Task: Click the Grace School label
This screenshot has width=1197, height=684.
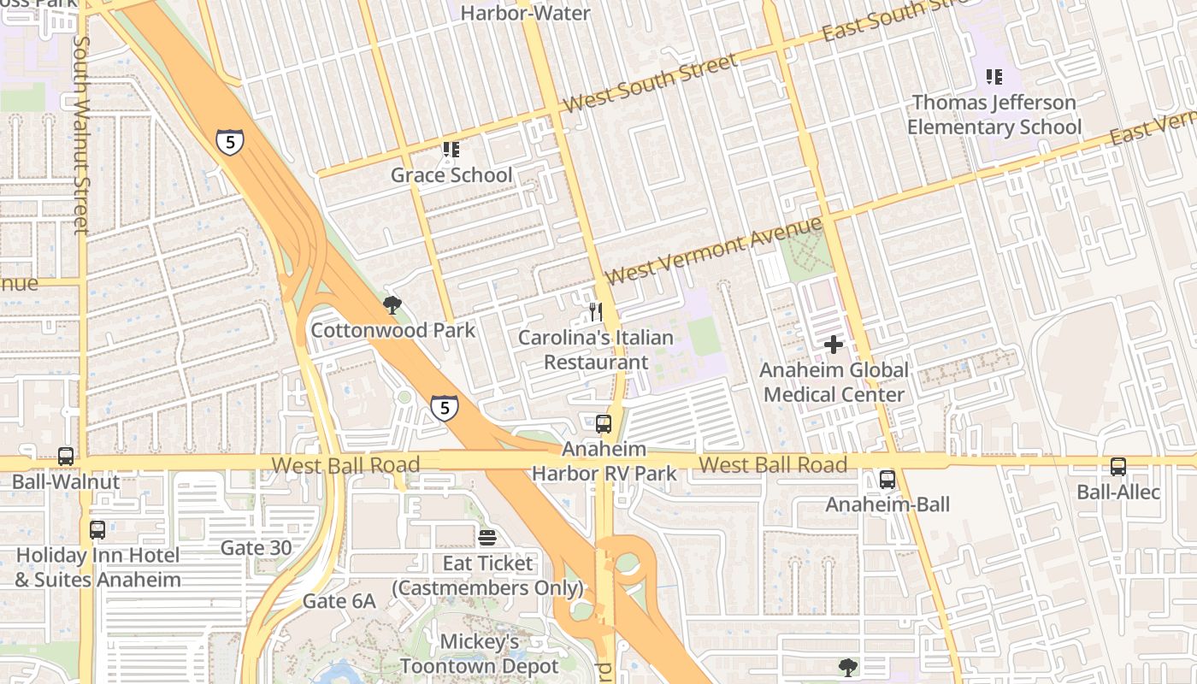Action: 451,175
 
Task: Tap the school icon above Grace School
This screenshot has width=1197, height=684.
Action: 451,150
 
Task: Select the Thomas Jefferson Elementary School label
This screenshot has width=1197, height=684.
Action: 994,115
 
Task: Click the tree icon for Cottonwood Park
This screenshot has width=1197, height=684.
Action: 392,305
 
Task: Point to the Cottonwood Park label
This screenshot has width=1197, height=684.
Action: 392,330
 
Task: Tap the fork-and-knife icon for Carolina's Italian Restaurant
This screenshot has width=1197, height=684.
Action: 596,311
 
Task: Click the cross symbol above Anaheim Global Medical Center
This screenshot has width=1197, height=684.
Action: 834,345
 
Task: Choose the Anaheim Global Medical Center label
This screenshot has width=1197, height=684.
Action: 834,382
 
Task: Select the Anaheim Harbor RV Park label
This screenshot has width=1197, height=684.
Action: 604,461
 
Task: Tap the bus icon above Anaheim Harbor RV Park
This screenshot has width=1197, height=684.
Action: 604,423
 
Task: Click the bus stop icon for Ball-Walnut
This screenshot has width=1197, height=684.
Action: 66,457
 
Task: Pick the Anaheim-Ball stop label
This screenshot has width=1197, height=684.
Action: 887,504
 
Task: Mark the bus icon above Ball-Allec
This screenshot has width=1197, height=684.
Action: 1118,466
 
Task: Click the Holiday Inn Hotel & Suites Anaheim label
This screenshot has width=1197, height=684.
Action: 98,567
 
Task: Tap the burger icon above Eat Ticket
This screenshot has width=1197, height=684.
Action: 487,538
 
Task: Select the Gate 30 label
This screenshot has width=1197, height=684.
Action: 256,547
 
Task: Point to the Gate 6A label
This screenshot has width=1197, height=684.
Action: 339,601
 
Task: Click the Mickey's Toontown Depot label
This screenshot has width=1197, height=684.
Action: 479,653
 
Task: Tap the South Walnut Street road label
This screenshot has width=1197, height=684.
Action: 81,134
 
